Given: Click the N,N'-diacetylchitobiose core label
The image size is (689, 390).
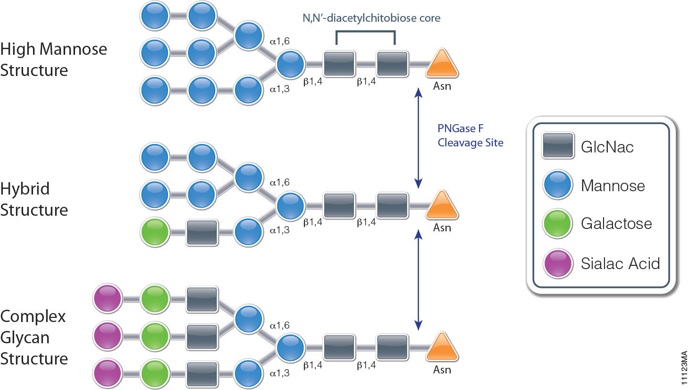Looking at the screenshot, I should pos(371,18).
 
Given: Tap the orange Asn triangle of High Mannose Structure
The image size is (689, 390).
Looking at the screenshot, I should pos(442,64).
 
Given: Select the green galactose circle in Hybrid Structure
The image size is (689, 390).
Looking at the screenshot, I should pos(155,232).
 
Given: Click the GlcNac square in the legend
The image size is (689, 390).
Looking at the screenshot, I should pos(558,145).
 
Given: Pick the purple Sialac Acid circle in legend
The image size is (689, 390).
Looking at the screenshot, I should pos(558,263).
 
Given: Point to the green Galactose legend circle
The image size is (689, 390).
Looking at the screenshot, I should pos(558,223).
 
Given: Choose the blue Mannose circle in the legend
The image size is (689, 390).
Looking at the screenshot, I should pos(558,185).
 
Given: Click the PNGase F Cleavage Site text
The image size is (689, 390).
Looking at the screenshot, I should pos(470,136).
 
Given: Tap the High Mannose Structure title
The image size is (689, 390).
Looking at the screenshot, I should pos(53,59).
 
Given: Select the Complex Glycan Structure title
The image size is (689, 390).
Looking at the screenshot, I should pos(34,337).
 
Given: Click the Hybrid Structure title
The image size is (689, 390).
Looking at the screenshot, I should pos(34,199).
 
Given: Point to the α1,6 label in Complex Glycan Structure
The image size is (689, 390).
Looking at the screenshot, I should pos(279,325).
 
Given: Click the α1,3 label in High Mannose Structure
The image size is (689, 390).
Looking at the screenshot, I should pos(279,89).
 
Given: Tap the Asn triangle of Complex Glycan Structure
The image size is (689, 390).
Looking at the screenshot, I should pos(442,348).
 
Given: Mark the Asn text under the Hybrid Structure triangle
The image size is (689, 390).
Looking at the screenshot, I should pos(442,228).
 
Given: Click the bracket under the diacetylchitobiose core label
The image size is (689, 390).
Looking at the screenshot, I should pos(365,32).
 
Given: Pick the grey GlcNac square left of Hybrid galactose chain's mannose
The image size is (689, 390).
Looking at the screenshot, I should pos(202,232).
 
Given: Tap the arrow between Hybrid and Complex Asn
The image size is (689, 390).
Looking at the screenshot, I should pos(418,280).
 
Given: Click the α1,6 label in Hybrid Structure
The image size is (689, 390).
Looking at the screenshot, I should pos(279,182).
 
